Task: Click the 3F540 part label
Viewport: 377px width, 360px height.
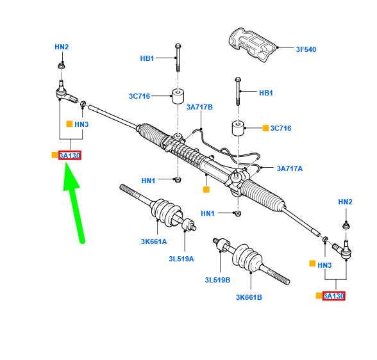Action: (x=306, y=49)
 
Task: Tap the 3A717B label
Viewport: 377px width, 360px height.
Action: (x=199, y=107)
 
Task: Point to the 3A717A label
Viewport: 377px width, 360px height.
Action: (x=290, y=168)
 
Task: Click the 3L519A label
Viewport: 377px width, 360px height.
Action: (x=182, y=259)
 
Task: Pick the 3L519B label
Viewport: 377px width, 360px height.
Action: (x=218, y=280)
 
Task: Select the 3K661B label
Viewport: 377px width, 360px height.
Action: (x=249, y=297)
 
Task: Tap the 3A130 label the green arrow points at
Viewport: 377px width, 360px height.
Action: (x=69, y=156)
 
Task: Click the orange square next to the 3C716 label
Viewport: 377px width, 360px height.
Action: (x=265, y=128)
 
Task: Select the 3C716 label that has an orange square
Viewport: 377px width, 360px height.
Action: (x=281, y=128)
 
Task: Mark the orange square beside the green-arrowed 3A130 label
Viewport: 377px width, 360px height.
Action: (x=54, y=156)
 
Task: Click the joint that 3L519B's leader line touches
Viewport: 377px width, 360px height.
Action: (x=221, y=245)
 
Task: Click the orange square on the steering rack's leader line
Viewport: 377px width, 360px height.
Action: (x=206, y=190)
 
